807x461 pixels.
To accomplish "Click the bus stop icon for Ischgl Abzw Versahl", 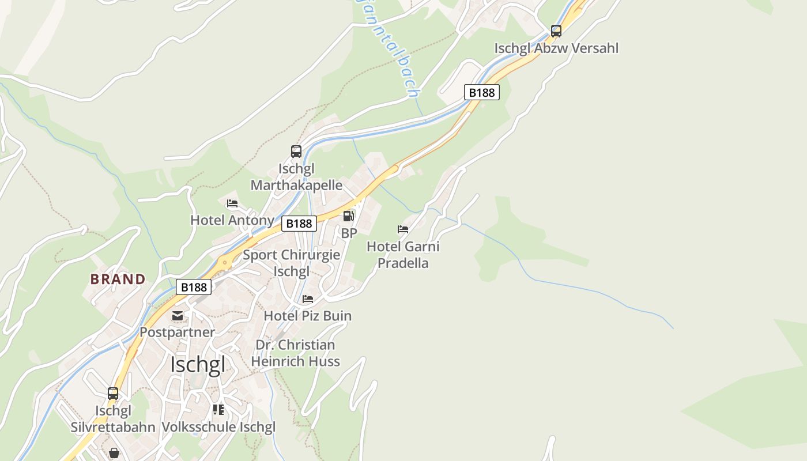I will (x=556, y=31).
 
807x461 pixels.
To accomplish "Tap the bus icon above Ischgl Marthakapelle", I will (x=296, y=152).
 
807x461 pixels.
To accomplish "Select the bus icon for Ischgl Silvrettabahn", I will (x=113, y=394).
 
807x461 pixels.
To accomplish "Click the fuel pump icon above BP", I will (x=348, y=216).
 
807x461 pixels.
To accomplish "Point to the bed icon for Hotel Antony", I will (x=232, y=203).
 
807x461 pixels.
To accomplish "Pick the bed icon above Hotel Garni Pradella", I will (x=403, y=229).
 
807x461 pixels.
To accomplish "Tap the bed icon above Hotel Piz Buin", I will (x=308, y=299).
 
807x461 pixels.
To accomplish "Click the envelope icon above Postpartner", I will (x=177, y=316).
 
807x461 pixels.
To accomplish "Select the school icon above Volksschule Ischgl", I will (x=218, y=410).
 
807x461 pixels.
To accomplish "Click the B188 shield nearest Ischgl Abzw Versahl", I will (x=481, y=92).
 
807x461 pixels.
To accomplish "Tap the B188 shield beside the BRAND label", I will (x=194, y=286).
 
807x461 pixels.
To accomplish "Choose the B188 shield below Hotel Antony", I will (x=299, y=224).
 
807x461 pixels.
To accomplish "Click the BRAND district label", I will (x=118, y=279).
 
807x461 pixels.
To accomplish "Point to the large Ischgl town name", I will (x=198, y=365).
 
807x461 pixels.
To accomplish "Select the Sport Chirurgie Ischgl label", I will (x=292, y=263).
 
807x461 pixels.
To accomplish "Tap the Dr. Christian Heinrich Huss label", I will (x=295, y=353).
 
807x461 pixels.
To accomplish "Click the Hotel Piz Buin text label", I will (x=307, y=316).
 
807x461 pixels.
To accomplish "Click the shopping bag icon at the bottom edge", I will (x=114, y=454).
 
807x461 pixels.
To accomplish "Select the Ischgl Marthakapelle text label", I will (x=296, y=177).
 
